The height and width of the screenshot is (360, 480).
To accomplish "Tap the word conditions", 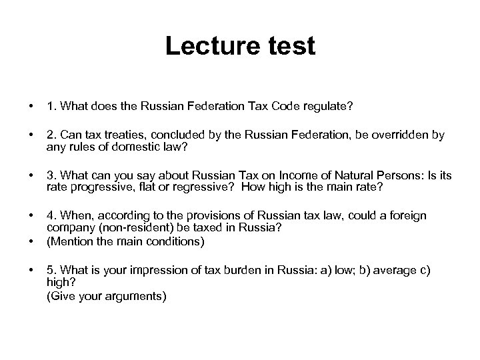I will [x=179, y=241].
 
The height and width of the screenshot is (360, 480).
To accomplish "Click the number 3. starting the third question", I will [x=51, y=175].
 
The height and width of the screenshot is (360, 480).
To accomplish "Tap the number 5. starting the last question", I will [x=51, y=270].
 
